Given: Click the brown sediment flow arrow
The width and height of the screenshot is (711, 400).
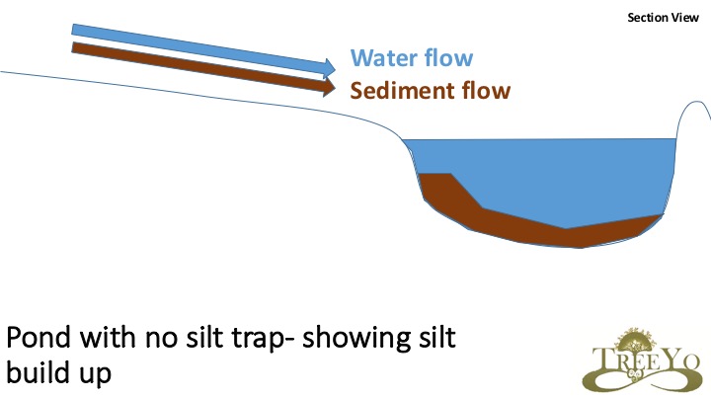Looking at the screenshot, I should [x=197, y=66].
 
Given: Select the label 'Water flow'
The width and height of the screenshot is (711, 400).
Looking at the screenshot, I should [x=412, y=58].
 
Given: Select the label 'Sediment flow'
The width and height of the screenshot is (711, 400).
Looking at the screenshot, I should [x=431, y=92].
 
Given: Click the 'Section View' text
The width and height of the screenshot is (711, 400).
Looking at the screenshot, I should [x=663, y=18].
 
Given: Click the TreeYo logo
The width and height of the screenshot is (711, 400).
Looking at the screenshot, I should [x=641, y=360].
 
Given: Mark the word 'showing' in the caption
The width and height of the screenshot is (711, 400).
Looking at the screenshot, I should [x=355, y=339].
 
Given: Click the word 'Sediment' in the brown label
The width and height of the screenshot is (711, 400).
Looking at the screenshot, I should [x=401, y=92].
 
